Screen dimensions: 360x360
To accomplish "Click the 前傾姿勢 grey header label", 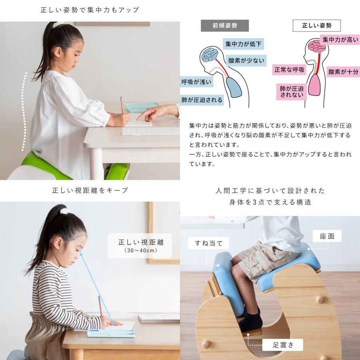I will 224,26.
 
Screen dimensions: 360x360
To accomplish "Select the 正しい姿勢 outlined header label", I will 316,26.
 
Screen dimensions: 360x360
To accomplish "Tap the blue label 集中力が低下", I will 244,44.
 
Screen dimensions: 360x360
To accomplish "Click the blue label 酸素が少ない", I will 246,61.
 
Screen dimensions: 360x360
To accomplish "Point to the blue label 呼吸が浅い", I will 196,82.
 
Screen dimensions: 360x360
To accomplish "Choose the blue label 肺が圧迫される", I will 202,100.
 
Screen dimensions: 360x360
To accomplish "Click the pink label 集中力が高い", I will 340,40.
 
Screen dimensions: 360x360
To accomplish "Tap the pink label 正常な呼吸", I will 289,70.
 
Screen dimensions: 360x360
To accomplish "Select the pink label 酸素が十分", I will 343,72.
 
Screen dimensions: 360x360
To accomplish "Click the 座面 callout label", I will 327,236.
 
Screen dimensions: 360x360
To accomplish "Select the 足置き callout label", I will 283,344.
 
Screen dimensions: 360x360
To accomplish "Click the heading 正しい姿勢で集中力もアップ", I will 90,10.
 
